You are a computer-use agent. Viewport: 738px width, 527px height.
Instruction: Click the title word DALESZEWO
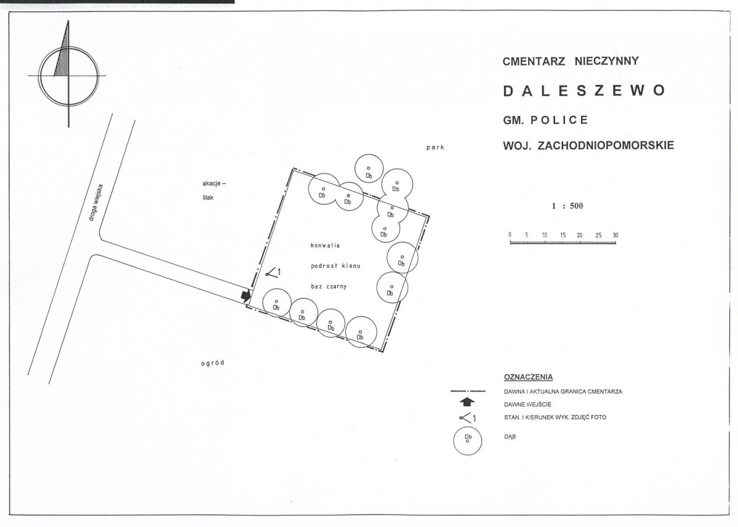tap(584, 91)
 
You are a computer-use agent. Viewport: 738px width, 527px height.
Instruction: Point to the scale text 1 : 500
tap(568, 206)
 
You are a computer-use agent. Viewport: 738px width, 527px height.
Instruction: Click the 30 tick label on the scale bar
tap(615, 235)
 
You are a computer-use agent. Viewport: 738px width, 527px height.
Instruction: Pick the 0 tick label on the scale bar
tap(510, 235)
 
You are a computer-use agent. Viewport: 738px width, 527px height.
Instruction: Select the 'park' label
tap(435, 147)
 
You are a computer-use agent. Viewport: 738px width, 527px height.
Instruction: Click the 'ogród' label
tap(213, 363)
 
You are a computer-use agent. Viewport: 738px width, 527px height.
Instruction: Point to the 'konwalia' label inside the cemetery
tap(325, 246)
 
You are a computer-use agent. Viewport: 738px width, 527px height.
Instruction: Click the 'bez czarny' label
tap(329, 286)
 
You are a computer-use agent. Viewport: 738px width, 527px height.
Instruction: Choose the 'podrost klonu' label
tap(335, 266)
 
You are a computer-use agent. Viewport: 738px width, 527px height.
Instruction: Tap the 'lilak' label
tap(208, 198)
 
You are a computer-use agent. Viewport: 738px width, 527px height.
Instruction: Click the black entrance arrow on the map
tap(245, 296)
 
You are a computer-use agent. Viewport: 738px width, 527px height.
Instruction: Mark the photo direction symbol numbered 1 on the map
tap(273, 272)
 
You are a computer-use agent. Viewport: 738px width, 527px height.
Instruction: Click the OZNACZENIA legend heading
tap(528, 377)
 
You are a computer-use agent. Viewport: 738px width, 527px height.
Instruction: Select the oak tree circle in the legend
tap(467, 441)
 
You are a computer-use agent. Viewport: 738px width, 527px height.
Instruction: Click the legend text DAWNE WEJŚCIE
tap(527, 404)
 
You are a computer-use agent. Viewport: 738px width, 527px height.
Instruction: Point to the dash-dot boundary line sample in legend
tap(468, 391)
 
